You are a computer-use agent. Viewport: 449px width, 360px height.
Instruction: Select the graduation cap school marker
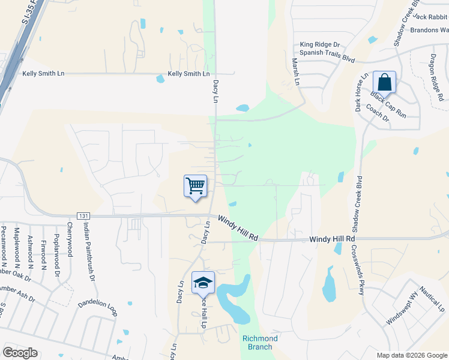click(203, 283)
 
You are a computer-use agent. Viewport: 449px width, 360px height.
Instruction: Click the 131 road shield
click(83, 216)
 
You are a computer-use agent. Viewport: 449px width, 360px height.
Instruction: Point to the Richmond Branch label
click(260, 343)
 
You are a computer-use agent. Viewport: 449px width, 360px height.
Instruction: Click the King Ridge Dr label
click(320, 44)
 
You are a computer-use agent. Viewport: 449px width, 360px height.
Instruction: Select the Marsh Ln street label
click(295, 71)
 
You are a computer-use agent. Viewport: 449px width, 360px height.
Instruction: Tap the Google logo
click(20, 353)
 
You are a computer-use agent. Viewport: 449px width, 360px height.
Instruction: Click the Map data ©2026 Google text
click(411, 355)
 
